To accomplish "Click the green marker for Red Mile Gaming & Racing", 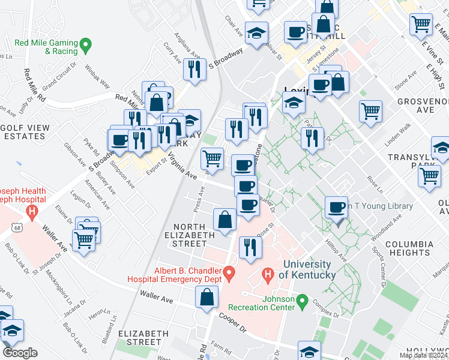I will point(86,44).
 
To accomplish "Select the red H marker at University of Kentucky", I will point(268,275).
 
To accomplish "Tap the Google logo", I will point(20,353).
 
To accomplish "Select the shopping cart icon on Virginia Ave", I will point(212,158).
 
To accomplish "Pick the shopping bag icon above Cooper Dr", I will point(206,296).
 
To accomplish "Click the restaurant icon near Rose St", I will point(249,246).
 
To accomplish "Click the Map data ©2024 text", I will point(423,355).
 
